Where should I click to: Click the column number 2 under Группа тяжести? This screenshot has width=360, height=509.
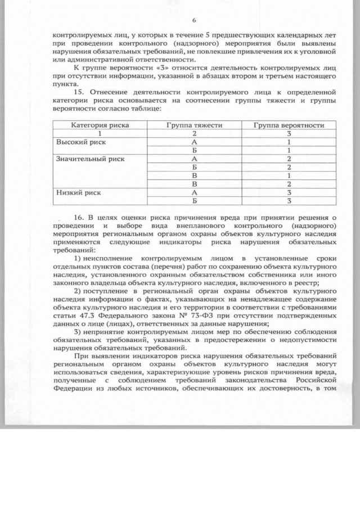coord(194,134)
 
